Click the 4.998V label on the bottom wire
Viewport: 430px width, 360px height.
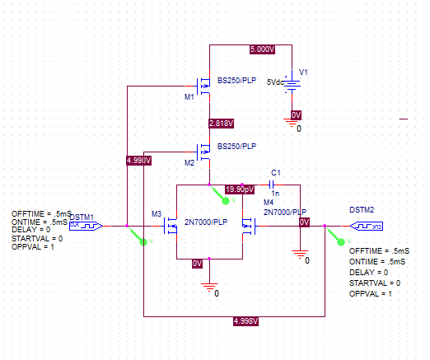[x=247, y=320]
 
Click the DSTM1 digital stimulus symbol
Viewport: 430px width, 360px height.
[x=85, y=224]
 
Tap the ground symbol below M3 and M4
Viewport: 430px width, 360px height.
[x=211, y=288]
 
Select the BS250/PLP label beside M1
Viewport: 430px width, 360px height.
[x=236, y=81]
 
